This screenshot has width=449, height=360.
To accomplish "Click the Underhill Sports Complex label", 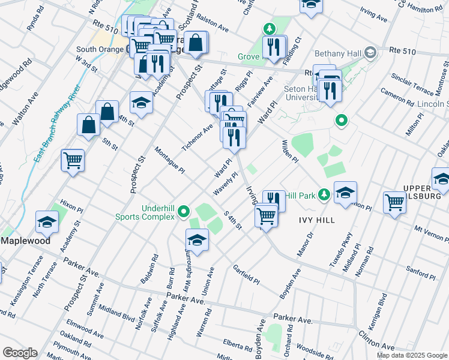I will pyautogui.click(x=158, y=212).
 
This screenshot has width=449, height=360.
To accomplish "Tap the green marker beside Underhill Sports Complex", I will pyautogui.click(x=184, y=211).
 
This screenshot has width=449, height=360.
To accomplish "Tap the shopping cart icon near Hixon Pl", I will pyautogui.click(x=73, y=160).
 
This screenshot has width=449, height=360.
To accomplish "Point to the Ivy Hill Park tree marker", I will pyautogui.click(x=324, y=194).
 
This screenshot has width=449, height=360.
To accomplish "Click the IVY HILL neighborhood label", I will pyautogui.click(x=317, y=220).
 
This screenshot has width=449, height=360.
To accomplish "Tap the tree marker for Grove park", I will pyautogui.click(x=270, y=29).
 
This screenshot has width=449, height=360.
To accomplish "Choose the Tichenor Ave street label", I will pyautogui.click(x=197, y=137).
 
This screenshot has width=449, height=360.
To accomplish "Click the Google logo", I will pyautogui.click(x=20, y=352).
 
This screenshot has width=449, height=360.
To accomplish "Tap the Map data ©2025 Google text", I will pyautogui.click(x=411, y=355).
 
